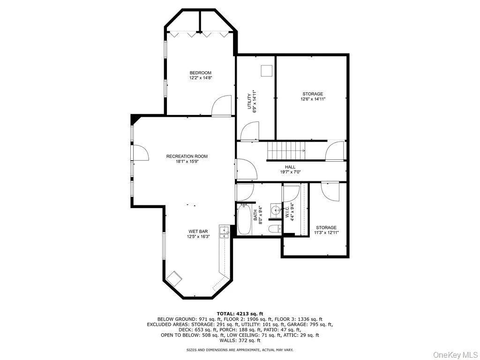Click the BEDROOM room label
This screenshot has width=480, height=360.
[x=201, y=73]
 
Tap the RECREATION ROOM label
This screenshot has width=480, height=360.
[x=187, y=157]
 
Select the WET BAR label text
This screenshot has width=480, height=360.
[x=198, y=232]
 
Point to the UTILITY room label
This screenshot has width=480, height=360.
[x=249, y=101]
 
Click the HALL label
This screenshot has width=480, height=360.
[x=290, y=167]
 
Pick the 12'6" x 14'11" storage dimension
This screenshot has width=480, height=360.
[x=313, y=99]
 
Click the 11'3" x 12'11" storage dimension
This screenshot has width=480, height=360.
[x=326, y=232]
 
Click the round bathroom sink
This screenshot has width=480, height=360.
[x=276, y=210]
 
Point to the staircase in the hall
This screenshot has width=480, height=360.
[x=286, y=150]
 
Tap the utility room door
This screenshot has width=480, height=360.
[x=250, y=131]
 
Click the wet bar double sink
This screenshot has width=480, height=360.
[x=225, y=232]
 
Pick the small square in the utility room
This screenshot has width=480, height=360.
[x=266, y=71]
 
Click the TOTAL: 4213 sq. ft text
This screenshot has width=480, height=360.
[x=240, y=314]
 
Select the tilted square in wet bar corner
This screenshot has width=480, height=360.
[x=174, y=278]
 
